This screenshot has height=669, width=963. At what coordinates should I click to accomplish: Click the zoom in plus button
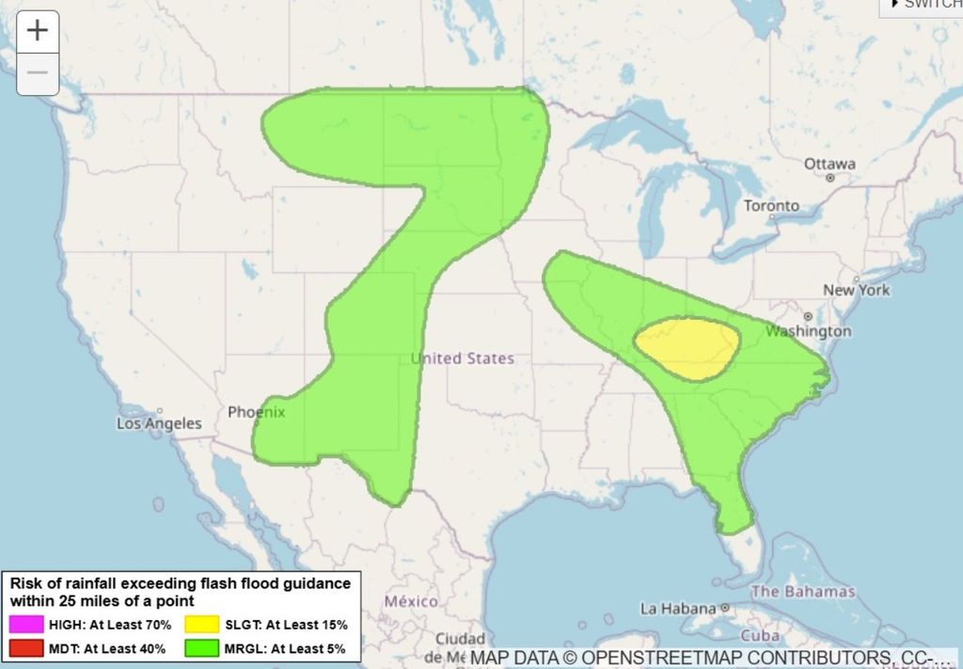[38, 31]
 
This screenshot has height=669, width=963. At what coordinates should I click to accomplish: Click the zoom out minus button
[38, 73]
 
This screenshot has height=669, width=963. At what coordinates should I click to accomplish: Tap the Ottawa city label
[829, 164]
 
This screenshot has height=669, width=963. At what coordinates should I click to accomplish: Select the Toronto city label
[771, 205]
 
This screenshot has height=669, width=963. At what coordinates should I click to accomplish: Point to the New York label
[856, 290]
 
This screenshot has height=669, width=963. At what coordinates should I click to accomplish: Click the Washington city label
[808, 331]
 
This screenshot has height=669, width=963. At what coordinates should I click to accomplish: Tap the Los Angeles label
[159, 423]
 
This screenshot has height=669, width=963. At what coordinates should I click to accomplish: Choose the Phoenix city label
[256, 412]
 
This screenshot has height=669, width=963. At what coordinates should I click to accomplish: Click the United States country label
[462, 358]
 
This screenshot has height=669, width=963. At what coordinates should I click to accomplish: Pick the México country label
[411, 601]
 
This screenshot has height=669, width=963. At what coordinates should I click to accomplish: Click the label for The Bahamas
[803, 592]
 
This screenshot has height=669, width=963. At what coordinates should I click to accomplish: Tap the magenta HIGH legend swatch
[27, 624]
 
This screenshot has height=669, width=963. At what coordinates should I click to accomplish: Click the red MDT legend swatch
[27, 647]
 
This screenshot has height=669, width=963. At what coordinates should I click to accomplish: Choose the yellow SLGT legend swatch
[202, 624]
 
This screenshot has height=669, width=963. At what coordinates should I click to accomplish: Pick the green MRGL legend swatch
[202, 647]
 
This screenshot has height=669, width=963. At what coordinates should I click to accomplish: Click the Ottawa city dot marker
[829, 177]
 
